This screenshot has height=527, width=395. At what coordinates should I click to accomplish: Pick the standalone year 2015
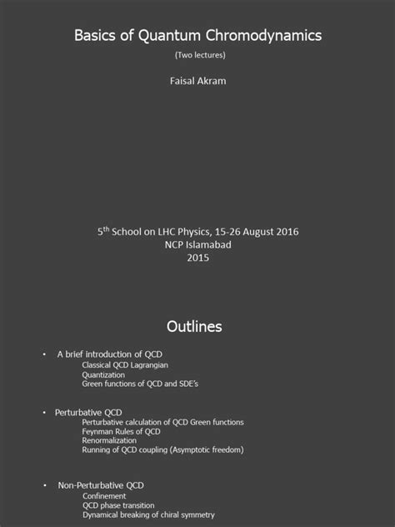click(198, 258)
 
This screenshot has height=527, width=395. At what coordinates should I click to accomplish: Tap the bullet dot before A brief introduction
click(44, 354)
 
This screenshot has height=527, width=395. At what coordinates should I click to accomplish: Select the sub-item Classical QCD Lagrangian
click(122, 364)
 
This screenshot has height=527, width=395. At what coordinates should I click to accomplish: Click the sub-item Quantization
click(102, 374)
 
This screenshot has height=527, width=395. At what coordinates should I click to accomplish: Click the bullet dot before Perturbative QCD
click(44, 412)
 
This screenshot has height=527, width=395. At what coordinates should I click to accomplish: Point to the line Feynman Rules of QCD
click(121, 431)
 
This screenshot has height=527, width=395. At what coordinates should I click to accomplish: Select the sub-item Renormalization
click(109, 440)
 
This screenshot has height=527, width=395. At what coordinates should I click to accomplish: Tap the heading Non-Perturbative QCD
click(101, 484)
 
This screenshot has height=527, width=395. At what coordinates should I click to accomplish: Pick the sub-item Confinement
click(104, 495)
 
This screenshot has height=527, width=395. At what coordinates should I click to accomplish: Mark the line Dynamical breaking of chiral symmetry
click(147, 514)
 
